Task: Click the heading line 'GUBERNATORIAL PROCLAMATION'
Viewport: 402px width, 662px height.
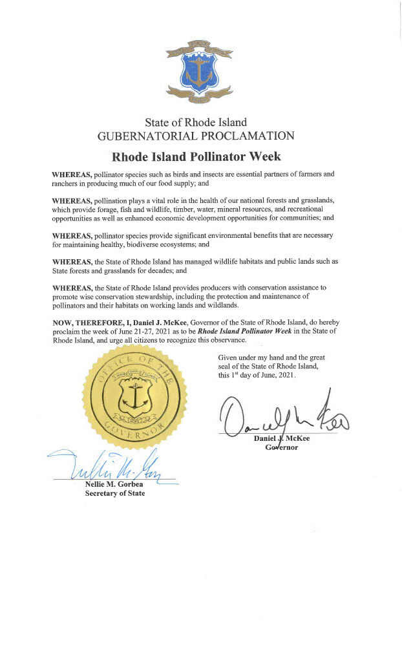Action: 196,136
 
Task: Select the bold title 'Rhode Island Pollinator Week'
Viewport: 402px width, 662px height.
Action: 196,157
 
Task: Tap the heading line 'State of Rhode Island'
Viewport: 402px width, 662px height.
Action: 196,122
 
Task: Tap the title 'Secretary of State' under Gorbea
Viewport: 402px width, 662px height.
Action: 115,494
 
